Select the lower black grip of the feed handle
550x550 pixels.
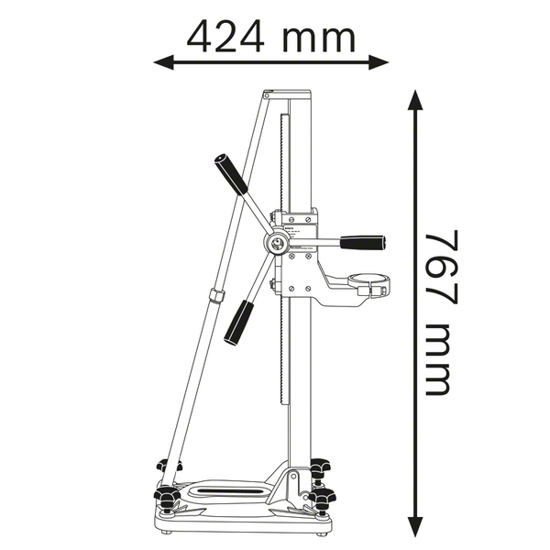point(240,322)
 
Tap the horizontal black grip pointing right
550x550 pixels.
point(363,243)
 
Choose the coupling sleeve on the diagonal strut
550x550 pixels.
point(216,296)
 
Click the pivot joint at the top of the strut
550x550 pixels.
point(266,94)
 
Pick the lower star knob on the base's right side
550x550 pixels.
point(323,499)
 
